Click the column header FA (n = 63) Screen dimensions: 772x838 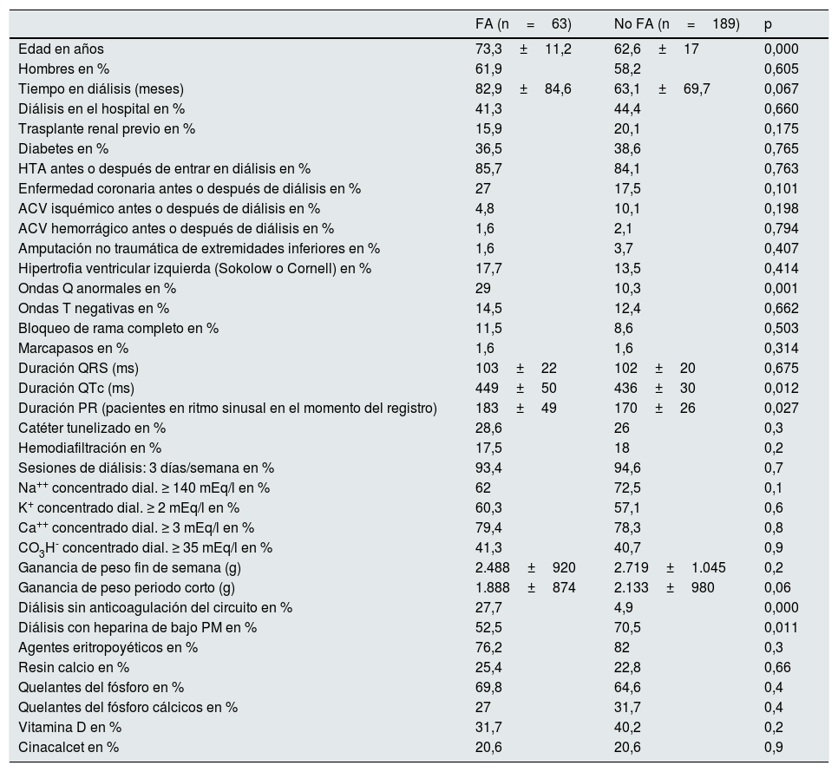[x=517, y=24]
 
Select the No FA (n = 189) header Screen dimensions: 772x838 [x=677, y=24]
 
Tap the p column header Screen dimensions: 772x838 [x=768, y=24]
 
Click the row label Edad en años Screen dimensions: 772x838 [x=61, y=49]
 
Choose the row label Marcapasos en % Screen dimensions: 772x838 [x=73, y=349]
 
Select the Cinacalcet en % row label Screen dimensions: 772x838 [x=69, y=748]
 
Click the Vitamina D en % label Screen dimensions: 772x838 [x=69, y=728]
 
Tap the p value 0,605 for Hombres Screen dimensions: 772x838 [x=781, y=69]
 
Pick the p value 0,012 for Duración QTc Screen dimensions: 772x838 [x=781, y=389]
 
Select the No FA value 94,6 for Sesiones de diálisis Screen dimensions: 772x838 [x=629, y=468]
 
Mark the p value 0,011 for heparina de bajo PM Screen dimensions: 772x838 [x=781, y=628]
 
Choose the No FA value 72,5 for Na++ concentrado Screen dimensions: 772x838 [x=629, y=488]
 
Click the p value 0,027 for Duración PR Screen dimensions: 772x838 [x=781, y=409]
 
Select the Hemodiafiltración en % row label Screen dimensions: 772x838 [x=89, y=448]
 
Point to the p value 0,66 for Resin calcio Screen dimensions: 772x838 [x=777, y=668]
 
